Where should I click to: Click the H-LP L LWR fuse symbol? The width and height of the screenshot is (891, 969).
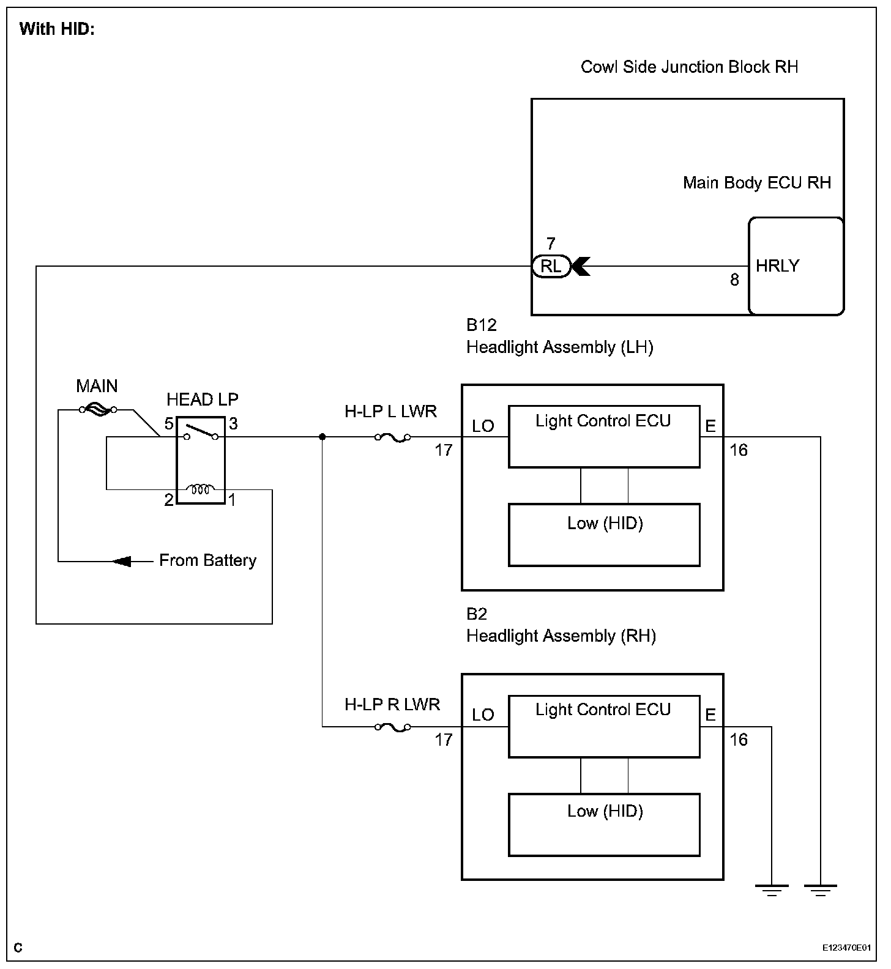(x=392, y=437)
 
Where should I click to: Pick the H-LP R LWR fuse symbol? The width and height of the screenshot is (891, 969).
(x=392, y=727)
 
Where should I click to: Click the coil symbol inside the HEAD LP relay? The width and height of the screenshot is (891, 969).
(x=201, y=489)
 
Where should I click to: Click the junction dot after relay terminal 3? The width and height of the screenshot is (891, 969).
(x=322, y=437)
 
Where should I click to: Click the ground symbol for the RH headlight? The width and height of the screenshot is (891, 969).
(x=772, y=890)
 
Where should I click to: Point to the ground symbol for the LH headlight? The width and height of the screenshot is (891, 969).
(x=820, y=890)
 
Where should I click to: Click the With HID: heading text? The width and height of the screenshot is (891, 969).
(x=57, y=29)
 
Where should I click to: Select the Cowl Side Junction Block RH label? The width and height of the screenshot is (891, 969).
(x=690, y=67)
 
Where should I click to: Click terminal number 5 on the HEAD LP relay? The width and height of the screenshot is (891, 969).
(x=169, y=423)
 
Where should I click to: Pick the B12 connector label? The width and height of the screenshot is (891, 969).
(x=481, y=325)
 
